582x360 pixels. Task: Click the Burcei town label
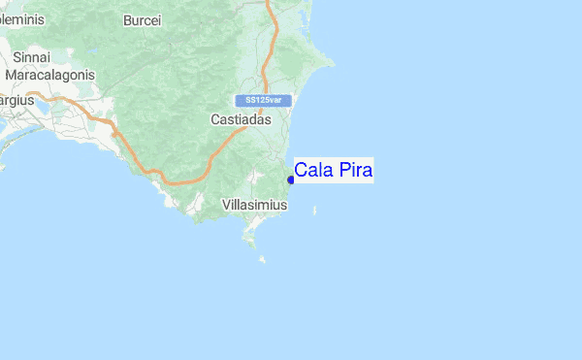(142, 19)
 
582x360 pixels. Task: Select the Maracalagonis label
(49, 75)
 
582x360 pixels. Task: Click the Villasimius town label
(254, 205)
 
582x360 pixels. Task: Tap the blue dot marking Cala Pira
(291, 180)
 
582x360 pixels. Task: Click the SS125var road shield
(263, 100)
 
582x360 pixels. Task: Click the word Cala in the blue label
(312, 171)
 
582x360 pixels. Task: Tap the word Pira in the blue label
(354, 171)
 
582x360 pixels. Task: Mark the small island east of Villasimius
(312, 207)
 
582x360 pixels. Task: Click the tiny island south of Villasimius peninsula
(262, 258)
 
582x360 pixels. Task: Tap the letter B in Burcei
(128, 19)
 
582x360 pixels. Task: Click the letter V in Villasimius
(226, 205)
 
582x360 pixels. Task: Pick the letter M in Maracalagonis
(11, 75)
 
